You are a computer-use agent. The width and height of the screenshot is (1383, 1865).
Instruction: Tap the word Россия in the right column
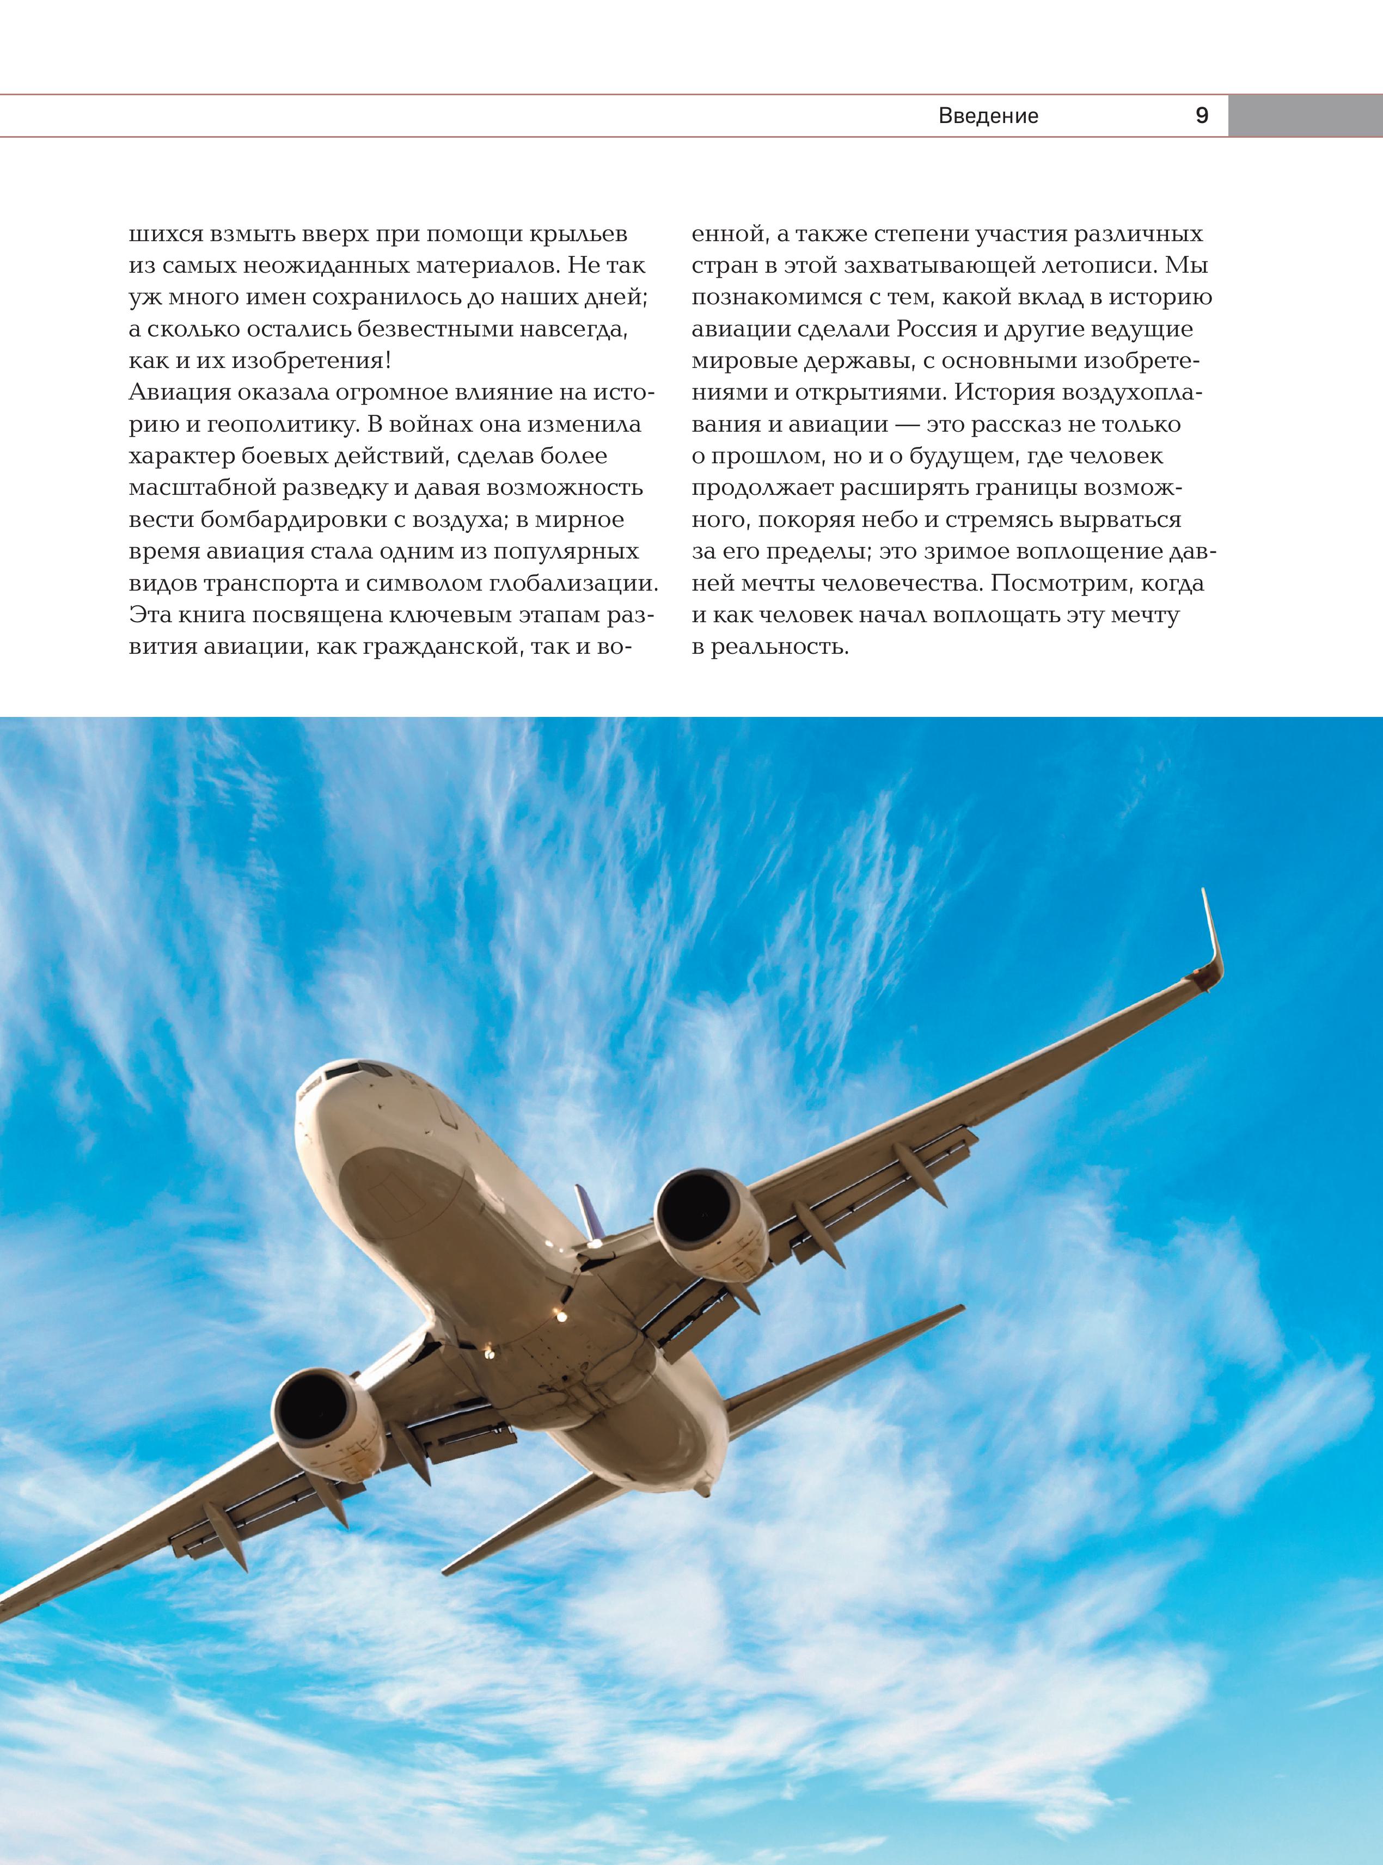(x=938, y=329)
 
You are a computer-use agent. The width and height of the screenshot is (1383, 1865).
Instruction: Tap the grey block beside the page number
(x=1304, y=115)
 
